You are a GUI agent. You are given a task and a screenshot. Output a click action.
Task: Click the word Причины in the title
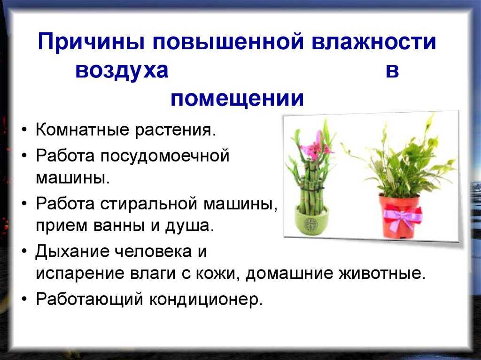pyautogui.click(x=91, y=42)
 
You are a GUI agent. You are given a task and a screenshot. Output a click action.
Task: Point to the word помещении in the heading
pyautogui.click(x=237, y=99)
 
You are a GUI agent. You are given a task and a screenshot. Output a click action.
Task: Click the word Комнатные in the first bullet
pyautogui.click(x=83, y=130)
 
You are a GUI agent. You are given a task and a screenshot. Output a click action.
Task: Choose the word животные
pyautogui.click(x=382, y=274)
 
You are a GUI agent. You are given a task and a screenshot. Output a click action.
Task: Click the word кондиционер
pyautogui.click(x=206, y=299)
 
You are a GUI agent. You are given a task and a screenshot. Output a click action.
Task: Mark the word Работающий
pyautogui.click(x=90, y=299)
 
